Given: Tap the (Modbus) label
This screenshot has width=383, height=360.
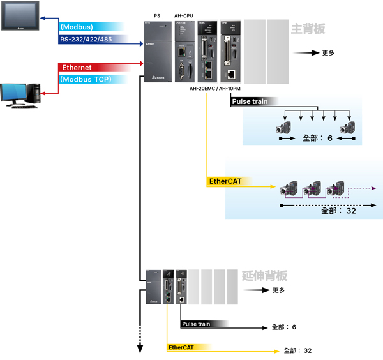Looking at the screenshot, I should (77, 27).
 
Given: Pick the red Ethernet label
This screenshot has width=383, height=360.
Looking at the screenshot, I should (77, 68).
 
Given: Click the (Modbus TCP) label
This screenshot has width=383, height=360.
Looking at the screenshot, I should (86, 79).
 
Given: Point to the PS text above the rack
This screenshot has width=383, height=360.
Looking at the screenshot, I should (157, 15).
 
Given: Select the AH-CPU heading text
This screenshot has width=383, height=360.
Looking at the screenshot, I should (184, 15).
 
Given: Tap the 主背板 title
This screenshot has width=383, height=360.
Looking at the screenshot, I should (308, 29).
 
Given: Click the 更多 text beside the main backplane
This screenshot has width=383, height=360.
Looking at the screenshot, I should (328, 53).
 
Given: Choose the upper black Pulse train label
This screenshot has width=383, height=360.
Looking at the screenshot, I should (250, 101).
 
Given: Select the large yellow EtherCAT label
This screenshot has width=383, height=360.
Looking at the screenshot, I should (225, 182).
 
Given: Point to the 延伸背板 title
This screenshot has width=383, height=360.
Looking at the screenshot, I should (265, 276).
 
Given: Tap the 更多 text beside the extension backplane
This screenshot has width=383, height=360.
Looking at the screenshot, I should (279, 290).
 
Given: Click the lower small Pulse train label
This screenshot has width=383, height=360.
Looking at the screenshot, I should (196, 324).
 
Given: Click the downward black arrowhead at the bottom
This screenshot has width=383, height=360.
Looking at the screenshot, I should (139, 348).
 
